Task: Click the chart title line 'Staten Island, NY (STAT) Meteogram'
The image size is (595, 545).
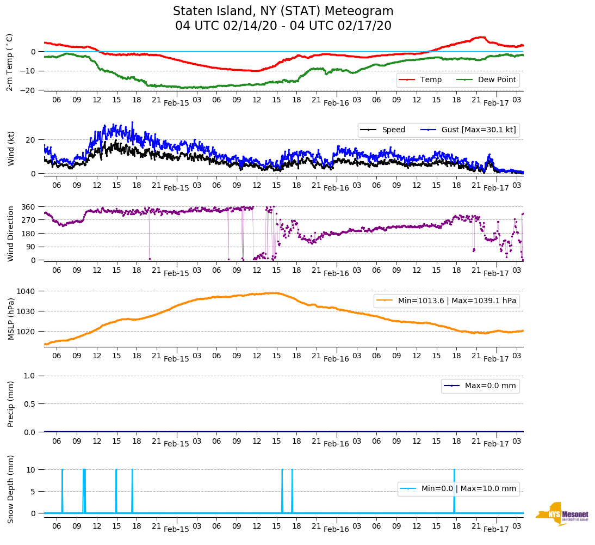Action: click(x=283, y=11)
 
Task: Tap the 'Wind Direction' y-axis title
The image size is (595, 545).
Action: click(x=10, y=234)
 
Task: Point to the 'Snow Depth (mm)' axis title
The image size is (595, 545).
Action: click(x=10, y=489)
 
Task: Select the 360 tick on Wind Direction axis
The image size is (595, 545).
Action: click(x=29, y=207)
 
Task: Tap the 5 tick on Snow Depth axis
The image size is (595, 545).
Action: click(x=34, y=492)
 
